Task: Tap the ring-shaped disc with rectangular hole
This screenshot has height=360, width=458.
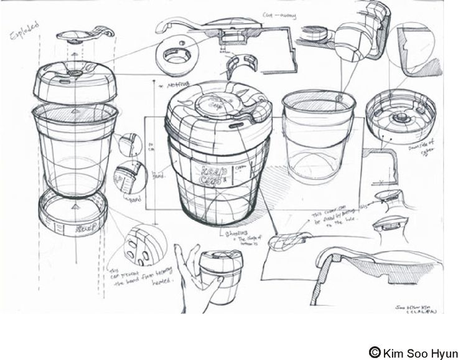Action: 176,58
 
